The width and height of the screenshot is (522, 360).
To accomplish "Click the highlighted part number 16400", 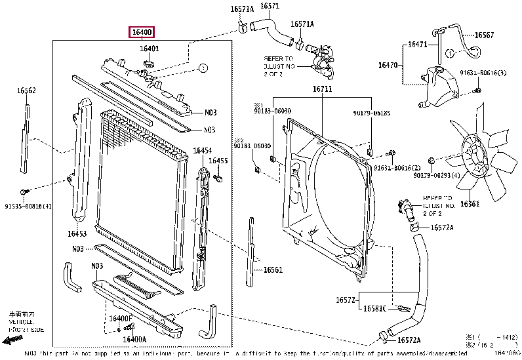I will (x=142, y=31).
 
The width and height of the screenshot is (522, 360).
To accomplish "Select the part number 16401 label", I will (x=150, y=49).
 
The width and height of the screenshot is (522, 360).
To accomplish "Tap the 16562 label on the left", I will (x=26, y=90).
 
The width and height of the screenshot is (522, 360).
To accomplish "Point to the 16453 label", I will (x=77, y=233).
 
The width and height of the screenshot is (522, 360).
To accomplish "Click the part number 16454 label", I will (x=201, y=151).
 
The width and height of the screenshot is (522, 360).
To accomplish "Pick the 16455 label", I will (x=218, y=161).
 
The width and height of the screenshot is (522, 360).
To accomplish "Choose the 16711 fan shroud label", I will (x=322, y=89).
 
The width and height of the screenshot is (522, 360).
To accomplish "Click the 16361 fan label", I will (x=470, y=204).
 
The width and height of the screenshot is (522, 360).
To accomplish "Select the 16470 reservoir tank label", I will (x=388, y=65).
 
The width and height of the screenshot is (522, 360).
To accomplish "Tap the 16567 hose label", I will (x=484, y=35).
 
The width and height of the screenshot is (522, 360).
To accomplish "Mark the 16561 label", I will (x=273, y=270).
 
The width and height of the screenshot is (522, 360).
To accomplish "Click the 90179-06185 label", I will (x=371, y=112).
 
